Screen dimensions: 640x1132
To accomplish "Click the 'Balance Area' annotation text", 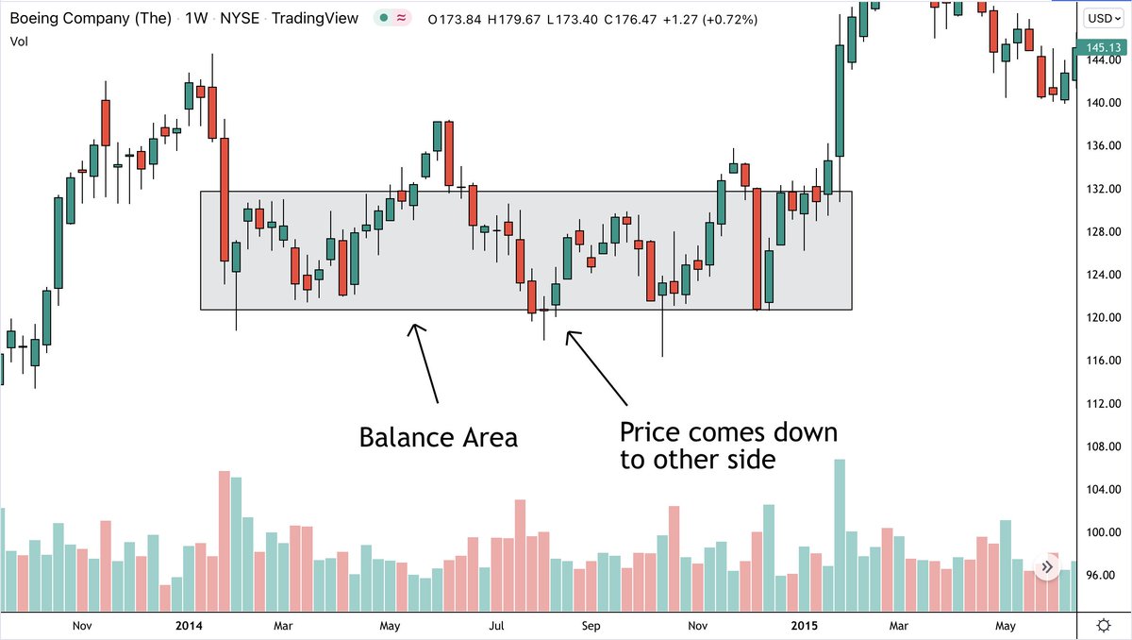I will tap(438, 438).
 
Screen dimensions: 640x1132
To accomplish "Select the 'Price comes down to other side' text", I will tap(727, 446).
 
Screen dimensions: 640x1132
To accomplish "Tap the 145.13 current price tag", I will tap(1104, 47).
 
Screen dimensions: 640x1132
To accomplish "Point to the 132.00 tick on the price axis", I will tap(1101, 189).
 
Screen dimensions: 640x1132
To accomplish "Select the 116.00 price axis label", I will tap(1101, 361).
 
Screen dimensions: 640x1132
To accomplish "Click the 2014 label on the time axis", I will tap(191, 625).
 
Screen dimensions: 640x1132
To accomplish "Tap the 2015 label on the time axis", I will tap(804, 625).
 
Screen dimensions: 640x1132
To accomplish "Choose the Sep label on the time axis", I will tap(591, 625).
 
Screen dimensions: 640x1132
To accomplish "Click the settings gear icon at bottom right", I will tap(1104, 625).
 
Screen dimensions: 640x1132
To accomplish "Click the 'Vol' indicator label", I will tap(19, 42).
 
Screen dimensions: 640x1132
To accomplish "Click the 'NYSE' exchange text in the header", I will tap(241, 18).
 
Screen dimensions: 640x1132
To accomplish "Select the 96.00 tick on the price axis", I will tap(1101, 575).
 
